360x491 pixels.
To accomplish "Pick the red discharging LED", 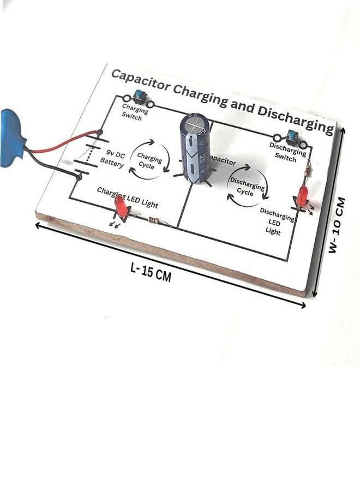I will pyautogui.click(x=302, y=195).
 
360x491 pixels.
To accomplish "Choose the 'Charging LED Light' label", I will pyautogui.click(x=128, y=197).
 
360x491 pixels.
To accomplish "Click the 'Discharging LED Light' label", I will pyautogui.click(x=275, y=221).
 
